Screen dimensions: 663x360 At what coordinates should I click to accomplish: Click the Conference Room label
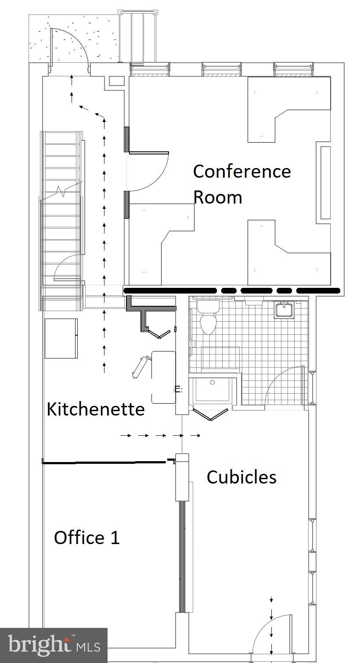(x=241, y=184)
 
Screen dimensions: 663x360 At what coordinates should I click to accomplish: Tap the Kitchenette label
(x=96, y=409)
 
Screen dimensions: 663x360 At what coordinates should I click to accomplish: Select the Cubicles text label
(x=241, y=477)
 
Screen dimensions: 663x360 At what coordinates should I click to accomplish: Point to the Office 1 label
(x=86, y=538)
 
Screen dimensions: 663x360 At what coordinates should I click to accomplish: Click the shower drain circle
(x=212, y=383)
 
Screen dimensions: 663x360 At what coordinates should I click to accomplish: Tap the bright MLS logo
(x=54, y=645)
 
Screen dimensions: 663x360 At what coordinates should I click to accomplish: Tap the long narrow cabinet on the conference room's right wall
(x=325, y=182)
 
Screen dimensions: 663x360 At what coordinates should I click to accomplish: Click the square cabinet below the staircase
(x=61, y=338)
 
